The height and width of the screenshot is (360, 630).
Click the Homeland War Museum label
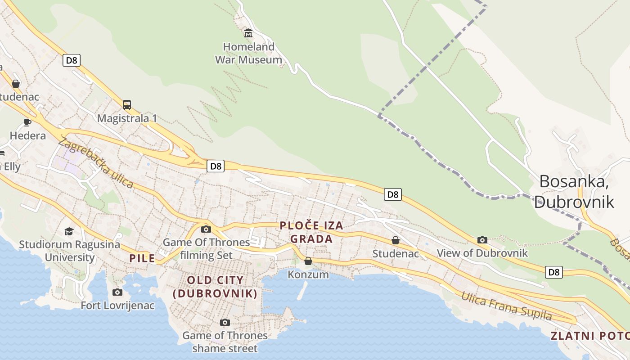pyautogui.click(x=248, y=53)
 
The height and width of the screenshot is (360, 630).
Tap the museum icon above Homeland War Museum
pyautogui.click(x=248, y=33)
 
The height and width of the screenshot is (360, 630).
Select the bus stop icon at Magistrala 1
pyautogui.click(x=127, y=105)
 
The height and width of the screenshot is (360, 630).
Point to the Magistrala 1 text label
pyautogui.click(x=127, y=118)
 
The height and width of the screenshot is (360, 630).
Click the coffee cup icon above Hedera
pyautogui.click(x=27, y=122)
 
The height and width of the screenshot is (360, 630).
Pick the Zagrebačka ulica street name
pyautogui.click(x=96, y=163)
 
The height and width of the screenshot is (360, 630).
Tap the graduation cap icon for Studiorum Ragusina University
pyautogui.click(x=69, y=231)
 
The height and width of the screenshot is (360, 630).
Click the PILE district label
pyautogui.click(x=142, y=258)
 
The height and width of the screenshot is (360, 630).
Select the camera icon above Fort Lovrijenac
pyautogui.click(x=117, y=292)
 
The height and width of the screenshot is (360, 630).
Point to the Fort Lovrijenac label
pyautogui.click(x=117, y=306)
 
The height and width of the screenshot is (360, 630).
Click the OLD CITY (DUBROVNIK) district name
pyautogui.click(x=215, y=287)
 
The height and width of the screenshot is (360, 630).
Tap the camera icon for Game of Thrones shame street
pyautogui.click(x=225, y=322)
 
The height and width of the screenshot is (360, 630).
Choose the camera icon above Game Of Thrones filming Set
pyautogui.click(x=206, y=229)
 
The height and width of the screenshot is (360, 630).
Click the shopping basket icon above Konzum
pyautogui.click(x=308, y=261)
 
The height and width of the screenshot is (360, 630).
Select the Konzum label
pyautogui.click(x=308, y=274)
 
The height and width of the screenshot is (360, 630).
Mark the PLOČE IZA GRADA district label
pyautogui.click(x=311, y=232)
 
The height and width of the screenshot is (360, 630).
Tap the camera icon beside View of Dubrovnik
pyautogui.click(x=482, y=240)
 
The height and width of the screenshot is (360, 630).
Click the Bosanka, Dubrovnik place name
pyautogui.click(x=574, y=191)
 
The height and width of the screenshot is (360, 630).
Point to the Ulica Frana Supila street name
pyautogui.click(x=506, y=306)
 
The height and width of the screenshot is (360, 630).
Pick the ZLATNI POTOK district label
pyautogui.click(x=589, y=336)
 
